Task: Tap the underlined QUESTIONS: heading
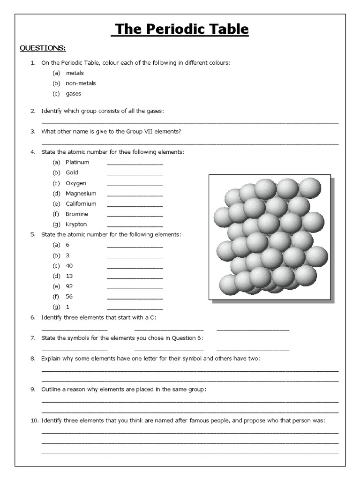[42, 48]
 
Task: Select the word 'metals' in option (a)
[75, 73]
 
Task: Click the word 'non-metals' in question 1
[81, 83]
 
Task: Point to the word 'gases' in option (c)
[74, 94]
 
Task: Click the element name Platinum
[77, 162]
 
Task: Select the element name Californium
[81, 204]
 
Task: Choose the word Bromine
[76, 214]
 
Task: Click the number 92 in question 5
[69, 286]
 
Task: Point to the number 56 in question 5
[69, 297]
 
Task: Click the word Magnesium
[81, 194]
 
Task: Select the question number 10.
[34, 421]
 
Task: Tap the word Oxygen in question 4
[76, 183]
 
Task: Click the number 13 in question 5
[69, 276]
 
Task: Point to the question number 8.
[33, 359]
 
